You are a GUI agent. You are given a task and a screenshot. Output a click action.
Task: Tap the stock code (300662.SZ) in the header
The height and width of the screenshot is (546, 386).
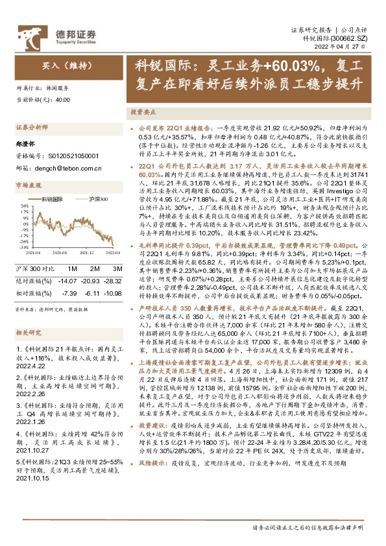[x=354, y=40]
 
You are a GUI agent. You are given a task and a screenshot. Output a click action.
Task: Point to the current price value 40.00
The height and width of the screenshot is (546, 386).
[x=63, y=101]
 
